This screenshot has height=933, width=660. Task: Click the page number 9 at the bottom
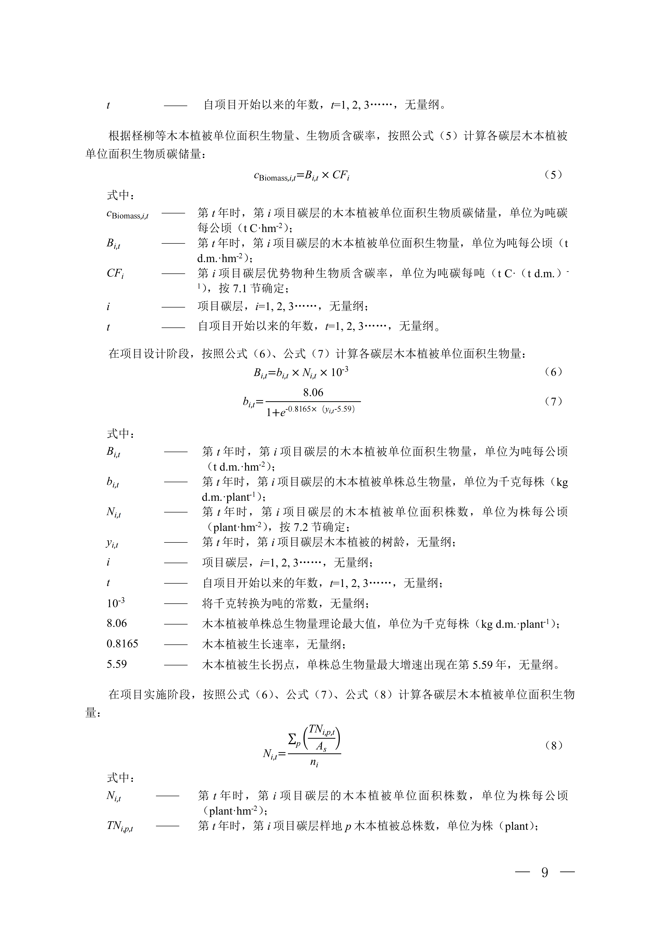pyautogui.click(x=545, y=872)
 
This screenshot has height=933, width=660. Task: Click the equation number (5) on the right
pyautogui.click(x=554, y=175)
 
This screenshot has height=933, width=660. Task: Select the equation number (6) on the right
pyautogui.click(x=554, y=372)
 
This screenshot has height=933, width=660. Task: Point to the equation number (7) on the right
pyautogui.click(x=554, y=401)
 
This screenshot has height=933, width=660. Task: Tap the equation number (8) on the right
pyautogui.click(x=554, y=746)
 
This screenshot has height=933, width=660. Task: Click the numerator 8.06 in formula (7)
pyautogui.click(x=313, y=393)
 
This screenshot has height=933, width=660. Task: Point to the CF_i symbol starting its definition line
pyautogui.click(x=115, y=273)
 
